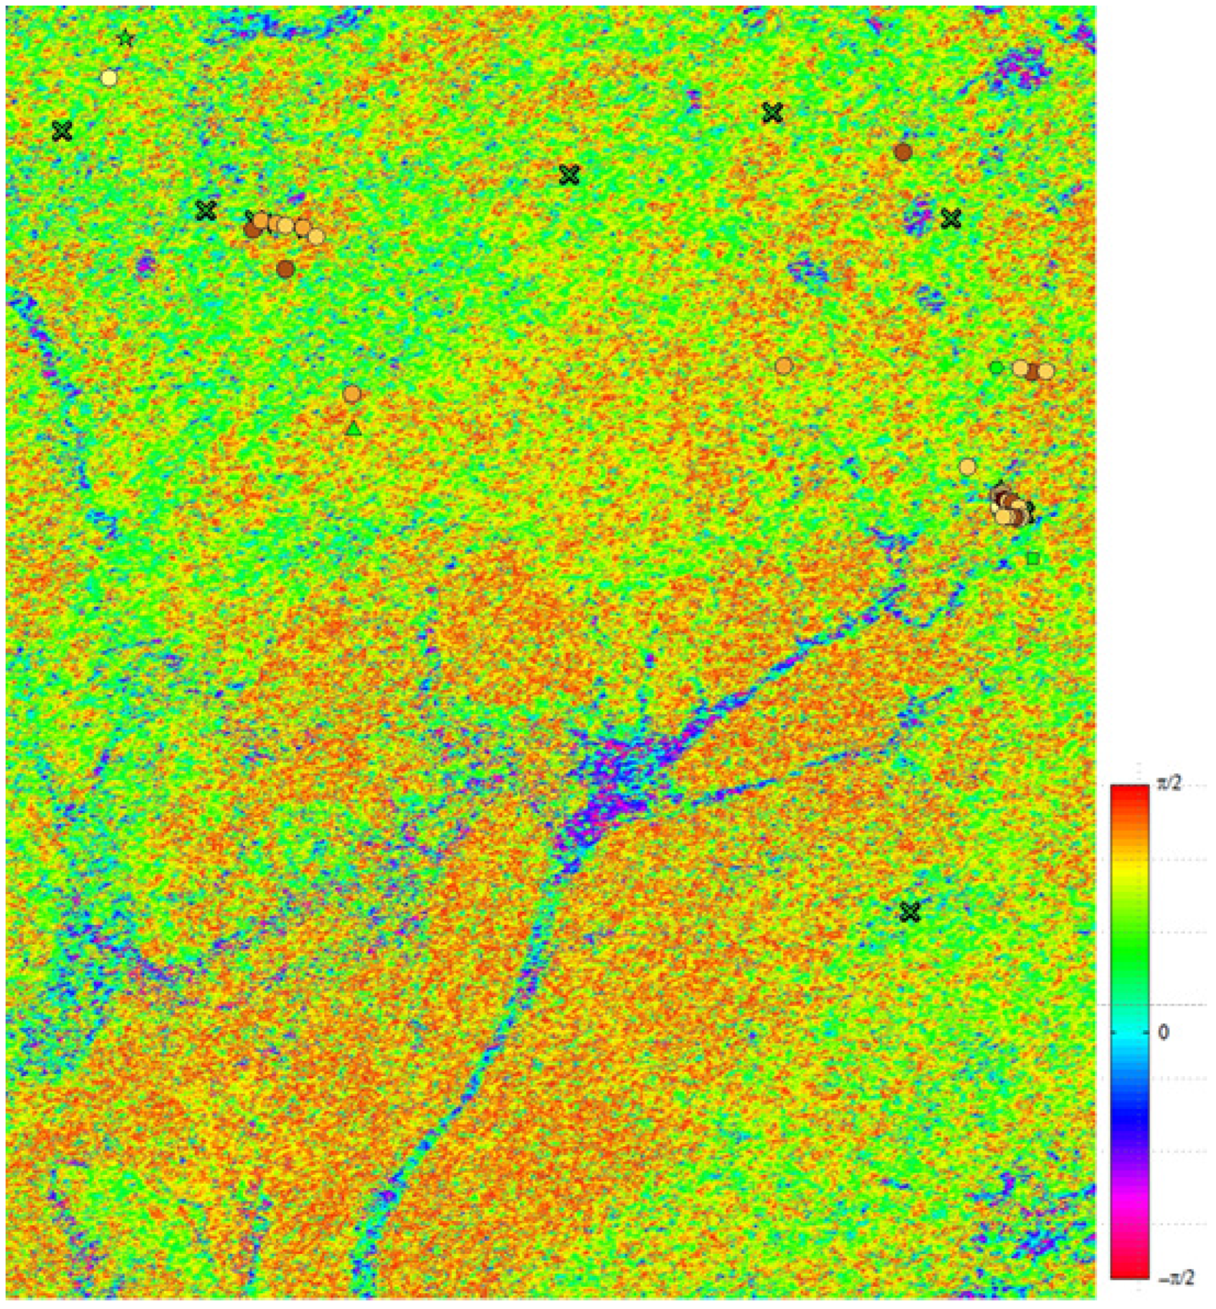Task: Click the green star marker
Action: pos(126,39)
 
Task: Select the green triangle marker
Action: pos(353,429)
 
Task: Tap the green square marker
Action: pos(1033,559)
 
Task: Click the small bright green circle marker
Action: pos(996,367)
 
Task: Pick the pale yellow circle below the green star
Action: pos(110,78)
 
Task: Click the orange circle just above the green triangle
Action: pos(352,394)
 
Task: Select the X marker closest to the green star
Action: pos(62,131)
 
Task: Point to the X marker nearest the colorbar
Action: pos(910,912)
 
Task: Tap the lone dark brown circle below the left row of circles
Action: pos(285,268)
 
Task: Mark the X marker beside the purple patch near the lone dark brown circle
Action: pos(950,218)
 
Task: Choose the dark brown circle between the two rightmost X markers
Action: pos(903,152)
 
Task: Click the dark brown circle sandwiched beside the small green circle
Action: pos(1032,371)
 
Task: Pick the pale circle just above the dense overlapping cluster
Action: pos(967,466)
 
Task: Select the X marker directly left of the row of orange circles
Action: pos(206,211)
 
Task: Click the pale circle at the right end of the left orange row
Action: pos(317,236)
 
